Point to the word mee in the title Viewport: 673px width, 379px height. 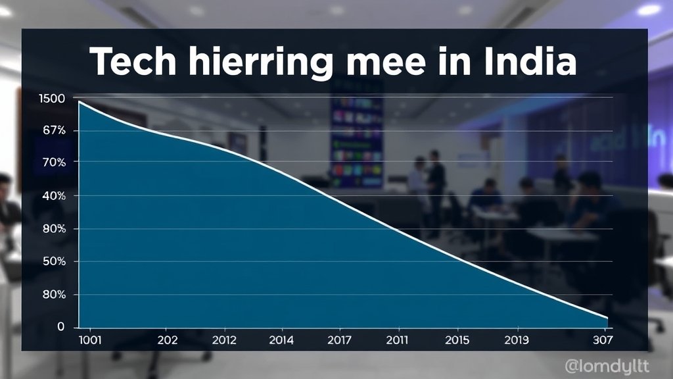pos(387,63)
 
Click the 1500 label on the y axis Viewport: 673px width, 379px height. pos(53,99)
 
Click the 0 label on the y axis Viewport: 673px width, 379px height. pos(61,327)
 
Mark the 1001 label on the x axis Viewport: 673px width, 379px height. pos(89,340)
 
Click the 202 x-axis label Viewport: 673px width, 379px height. pos(168,340)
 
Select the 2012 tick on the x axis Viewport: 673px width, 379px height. pos(225,340)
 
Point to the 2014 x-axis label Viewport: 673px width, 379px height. pos(281,340)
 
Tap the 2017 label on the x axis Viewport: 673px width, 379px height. pos(339,340)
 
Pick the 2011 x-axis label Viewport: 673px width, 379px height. pos(398,340)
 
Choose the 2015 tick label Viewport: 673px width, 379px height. pos(457,340)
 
